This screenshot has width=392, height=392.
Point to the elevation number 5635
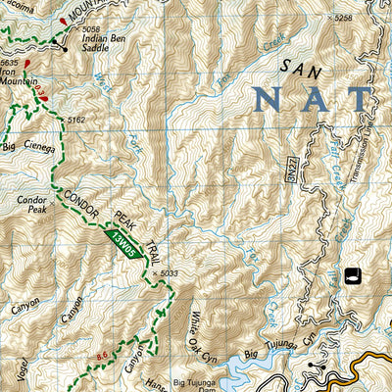coord(11,61)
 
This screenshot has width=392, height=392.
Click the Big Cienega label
coord(24,147)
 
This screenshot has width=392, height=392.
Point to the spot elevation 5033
coord(170,273)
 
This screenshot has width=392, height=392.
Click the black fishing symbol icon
coord(351,272)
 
